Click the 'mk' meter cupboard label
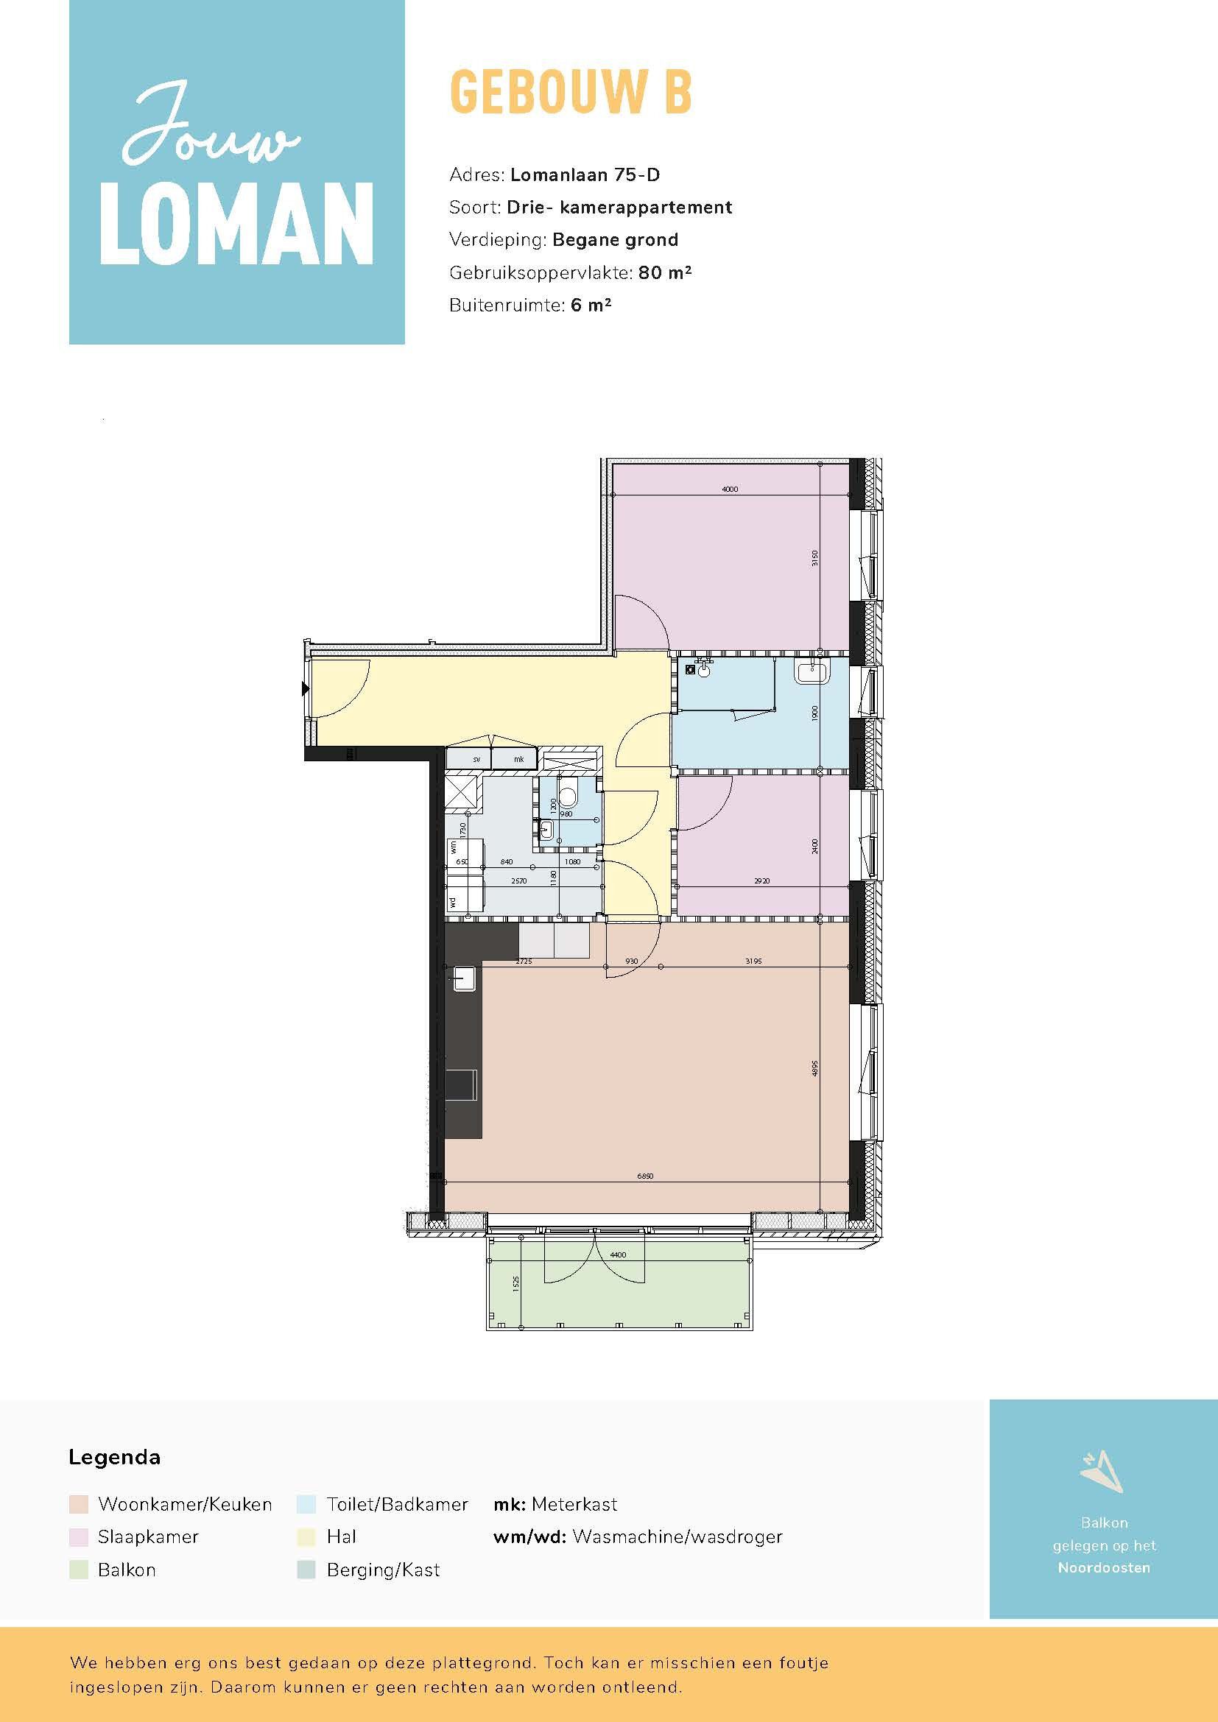(519, 760)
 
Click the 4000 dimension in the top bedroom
(729, 489)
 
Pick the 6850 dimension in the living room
(645, 1176)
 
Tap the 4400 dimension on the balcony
(617, 1254)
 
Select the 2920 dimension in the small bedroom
(761, 881)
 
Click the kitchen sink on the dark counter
(463, 978)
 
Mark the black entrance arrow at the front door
(306, 688)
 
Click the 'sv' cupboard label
(476, 760)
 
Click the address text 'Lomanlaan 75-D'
(585, 174)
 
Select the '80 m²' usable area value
(664, 273)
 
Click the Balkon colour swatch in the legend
(79, 1570)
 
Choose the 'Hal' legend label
(341, 1536)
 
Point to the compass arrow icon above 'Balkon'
(1102, 1472)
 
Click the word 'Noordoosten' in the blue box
(1103, 1567)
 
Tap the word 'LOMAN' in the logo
(237, 225)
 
